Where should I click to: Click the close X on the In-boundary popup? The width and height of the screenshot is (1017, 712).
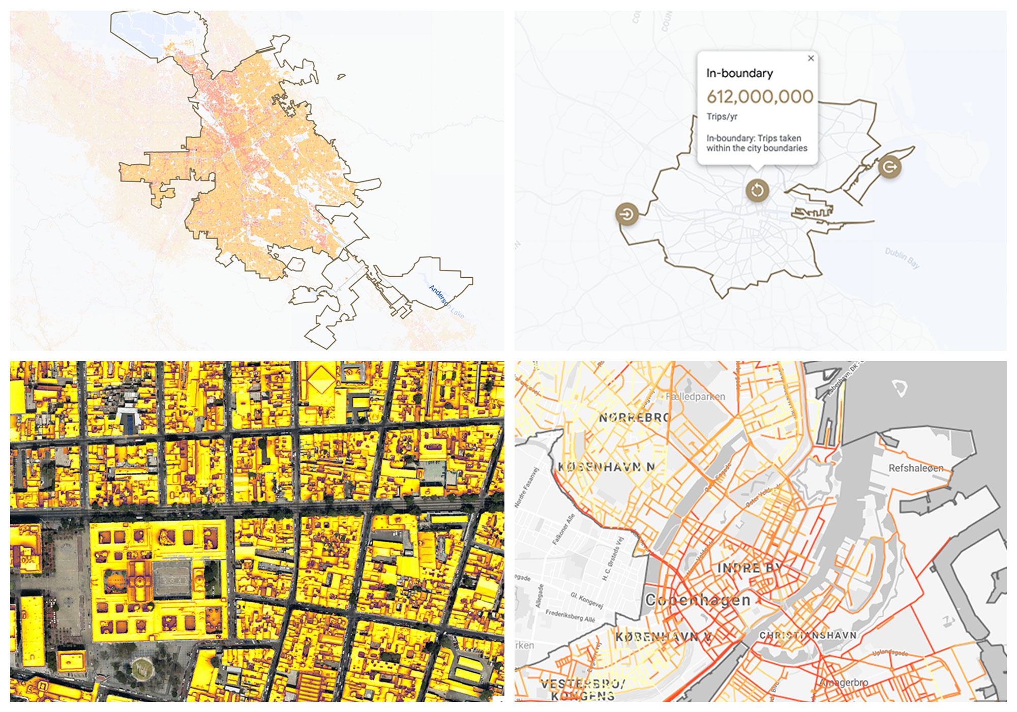point(811,58)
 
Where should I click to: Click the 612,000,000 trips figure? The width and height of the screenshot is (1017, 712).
point(760,97)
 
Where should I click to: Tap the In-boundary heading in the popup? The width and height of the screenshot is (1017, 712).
point(739,73)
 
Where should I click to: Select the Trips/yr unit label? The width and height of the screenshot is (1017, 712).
point(722,116)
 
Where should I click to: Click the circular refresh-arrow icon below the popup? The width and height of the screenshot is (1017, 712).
point(757,190)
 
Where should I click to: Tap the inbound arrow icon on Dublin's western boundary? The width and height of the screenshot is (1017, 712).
point(627,214)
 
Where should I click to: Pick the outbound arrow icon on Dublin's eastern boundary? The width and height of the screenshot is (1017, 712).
point(890,167)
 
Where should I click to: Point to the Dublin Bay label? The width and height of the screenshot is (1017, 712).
point(902,258)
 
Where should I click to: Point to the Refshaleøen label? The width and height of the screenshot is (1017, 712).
point(916,468)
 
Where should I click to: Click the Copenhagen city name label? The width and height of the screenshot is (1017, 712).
point(698,600)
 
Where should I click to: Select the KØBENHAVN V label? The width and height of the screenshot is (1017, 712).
point(663,637)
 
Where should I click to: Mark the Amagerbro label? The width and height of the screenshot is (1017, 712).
point(845,683)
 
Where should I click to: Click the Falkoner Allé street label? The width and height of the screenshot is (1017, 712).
point(563,529)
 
